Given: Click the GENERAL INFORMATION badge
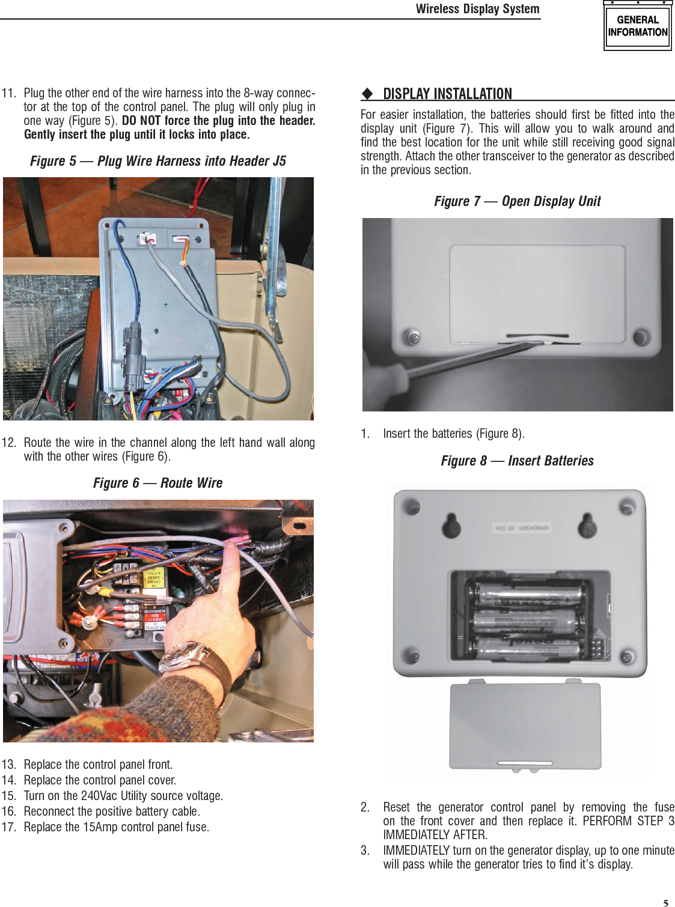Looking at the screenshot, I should [637, 26].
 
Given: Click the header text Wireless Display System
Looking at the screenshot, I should [477, 9].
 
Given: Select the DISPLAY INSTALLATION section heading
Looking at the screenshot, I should [447, 94].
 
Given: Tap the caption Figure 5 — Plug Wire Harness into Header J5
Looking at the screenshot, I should [158, 161].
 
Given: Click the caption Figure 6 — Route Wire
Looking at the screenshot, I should [157, 483].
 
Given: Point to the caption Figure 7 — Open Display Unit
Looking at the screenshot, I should [517, 201].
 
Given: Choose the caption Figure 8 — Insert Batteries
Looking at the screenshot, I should [517, 461].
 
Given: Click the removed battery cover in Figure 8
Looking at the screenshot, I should [525, 726].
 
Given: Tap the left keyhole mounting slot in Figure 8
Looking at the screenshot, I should [451, 526].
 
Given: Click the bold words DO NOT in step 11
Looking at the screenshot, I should [141, 121].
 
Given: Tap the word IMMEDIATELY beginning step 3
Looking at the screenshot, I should [416, 851].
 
